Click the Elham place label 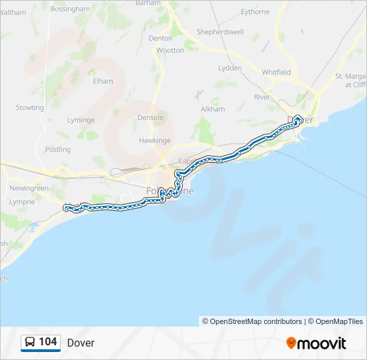point(103,81)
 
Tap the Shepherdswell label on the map point(220,32)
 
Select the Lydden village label point(230,68)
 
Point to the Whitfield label point(276,72)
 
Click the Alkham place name point(213,109)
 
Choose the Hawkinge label point(155,141)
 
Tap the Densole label point(150,117)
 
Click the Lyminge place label point(82,120)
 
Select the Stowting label point(30,107)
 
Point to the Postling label point(57,149)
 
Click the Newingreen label point(29,189)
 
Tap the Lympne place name point(22,201)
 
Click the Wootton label point(170,50)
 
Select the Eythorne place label point(256,12)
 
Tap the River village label point(262,97)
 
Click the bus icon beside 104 point(31,342)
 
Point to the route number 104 point(48,342)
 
